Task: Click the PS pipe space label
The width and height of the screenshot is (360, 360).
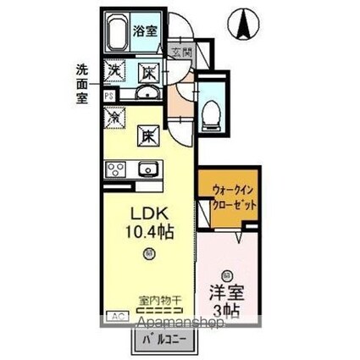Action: [108, 97]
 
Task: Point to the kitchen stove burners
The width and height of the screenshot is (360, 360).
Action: [114, 169]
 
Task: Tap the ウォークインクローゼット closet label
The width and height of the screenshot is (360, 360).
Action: [229, 197]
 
